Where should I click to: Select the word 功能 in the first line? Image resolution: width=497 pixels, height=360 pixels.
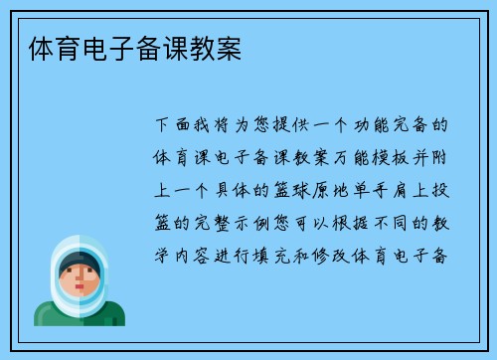370,127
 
